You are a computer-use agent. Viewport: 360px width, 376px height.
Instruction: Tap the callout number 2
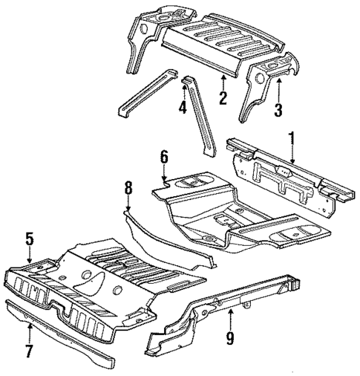tap(223, 97)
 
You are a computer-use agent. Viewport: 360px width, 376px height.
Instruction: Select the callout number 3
tap(278, 112)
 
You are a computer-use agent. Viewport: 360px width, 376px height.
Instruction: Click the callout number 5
tap(30, 239)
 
